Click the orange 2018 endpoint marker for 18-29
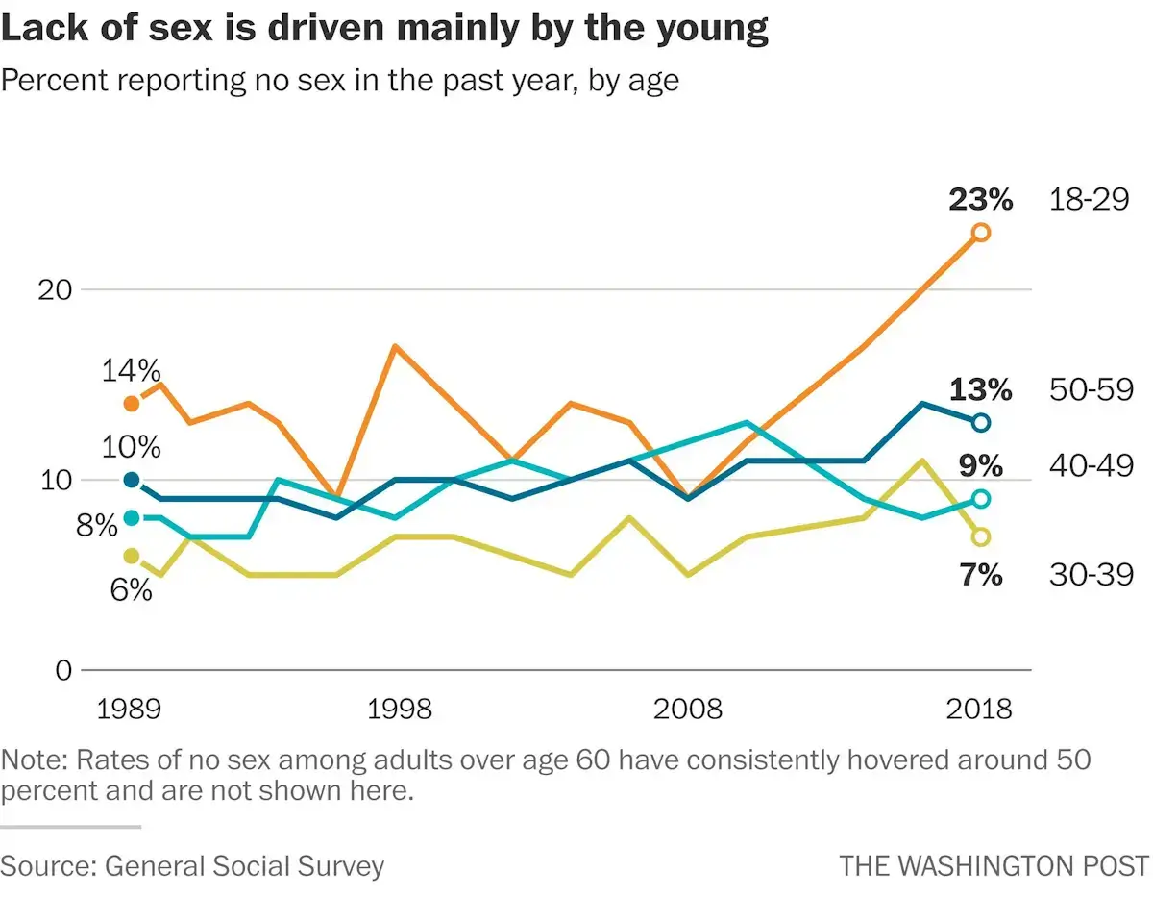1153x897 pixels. click(x=980, y=232)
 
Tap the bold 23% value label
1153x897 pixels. click(x=980, y=200)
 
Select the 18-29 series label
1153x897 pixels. click(x=1090, y=201)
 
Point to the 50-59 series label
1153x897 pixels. click(x=1090, y=390)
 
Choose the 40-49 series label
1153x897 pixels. click(x=1090, y=467)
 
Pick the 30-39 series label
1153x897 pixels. click(x=1090, y=575)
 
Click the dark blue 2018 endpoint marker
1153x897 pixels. click(x=980, y=422)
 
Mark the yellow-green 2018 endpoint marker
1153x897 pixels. click(x=980, y=536)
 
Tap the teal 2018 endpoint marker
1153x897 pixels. click(x=980, y=498)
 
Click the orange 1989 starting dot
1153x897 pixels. click(x=132, y=403)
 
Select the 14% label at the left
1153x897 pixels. click(x=131, y=371)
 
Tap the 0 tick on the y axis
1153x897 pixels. click(x=62, y=670)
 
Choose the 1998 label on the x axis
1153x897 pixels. click(x=399, y=710)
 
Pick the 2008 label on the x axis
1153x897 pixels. click(x=687, y=710)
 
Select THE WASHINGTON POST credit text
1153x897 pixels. click(x=994, y=865)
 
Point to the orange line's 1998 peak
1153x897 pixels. click(x=395, y=346)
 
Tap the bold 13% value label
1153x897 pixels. click(x=980, y=390)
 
